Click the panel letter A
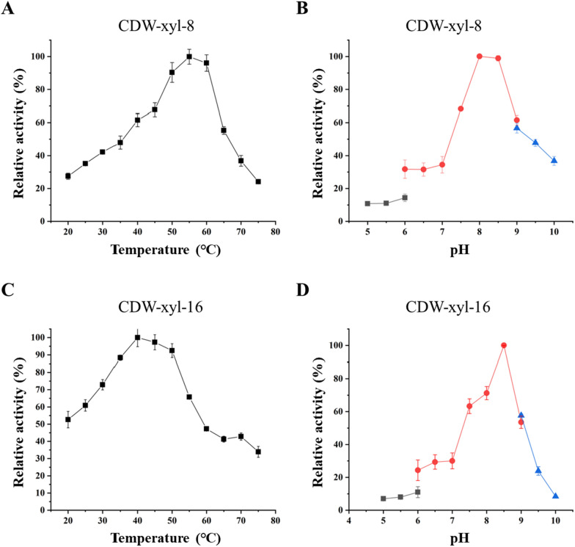point(8,8)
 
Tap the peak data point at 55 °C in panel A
point(189,57)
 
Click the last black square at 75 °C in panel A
point(258,181)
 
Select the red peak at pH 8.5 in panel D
point(503,345)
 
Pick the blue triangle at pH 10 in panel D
point(555,496)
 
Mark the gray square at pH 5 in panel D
point(383,499)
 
